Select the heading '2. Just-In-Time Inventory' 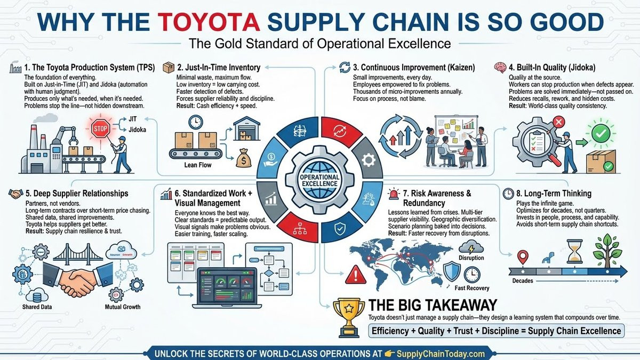tap(219, 67)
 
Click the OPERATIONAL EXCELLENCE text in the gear tap(319, 180)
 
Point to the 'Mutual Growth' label tap(123, 307)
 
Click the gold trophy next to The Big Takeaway tap(348, 316)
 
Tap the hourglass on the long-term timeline tap(574, 253)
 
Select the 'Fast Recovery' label tap(472, 289)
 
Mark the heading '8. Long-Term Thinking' tap(554, 194)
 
